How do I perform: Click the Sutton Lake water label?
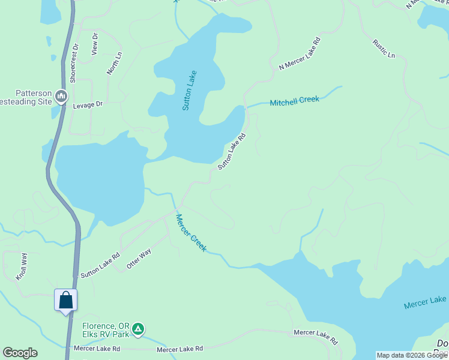click(190, 90)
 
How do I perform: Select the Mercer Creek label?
click(191, 233)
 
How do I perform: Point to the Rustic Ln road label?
click(384, 49)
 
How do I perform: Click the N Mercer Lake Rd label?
click(300, 54)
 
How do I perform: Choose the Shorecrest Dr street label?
click(74, 62)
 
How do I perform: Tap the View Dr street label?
click(94, 44)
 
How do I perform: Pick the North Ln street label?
click(114, 62)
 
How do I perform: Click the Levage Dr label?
click(88, 104)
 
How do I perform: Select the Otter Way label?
click(138, 259)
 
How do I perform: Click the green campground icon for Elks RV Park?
click(138, 328)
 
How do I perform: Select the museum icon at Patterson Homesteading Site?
click(61, 96)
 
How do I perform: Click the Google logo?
click(20, 353)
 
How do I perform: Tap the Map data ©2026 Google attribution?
click(412, 355)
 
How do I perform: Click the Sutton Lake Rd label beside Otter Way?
click(100, 265)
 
